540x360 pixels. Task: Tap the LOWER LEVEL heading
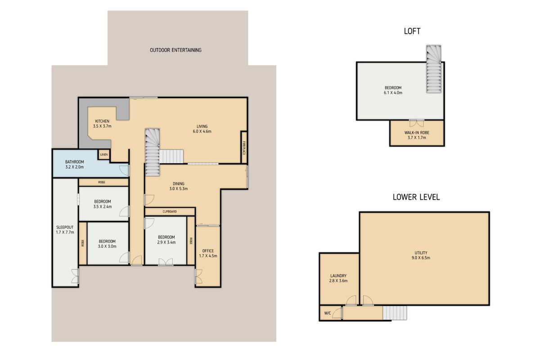click(x=416, y=197)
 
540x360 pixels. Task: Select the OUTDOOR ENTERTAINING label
click(x=175, y=50)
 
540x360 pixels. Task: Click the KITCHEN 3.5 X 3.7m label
click(x=102, y=124)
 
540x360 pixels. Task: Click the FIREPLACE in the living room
click(x=243, y=148)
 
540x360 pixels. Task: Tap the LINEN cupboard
click(x=104, y=155)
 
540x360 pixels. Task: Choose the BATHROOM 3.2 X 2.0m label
click(x=75, y=164)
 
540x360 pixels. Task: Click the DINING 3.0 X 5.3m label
click(x=179, y=186)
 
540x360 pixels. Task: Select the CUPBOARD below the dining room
click(x=169, y=211)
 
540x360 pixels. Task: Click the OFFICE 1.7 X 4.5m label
click(x=208, y=253)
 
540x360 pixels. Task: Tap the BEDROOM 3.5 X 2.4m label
click(x=103, y=204)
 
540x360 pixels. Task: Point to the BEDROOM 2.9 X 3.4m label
click(x=166, y=239)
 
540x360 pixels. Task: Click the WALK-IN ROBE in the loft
click(x=417, y=135)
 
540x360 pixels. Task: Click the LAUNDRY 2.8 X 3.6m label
click(x=338, y=278)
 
